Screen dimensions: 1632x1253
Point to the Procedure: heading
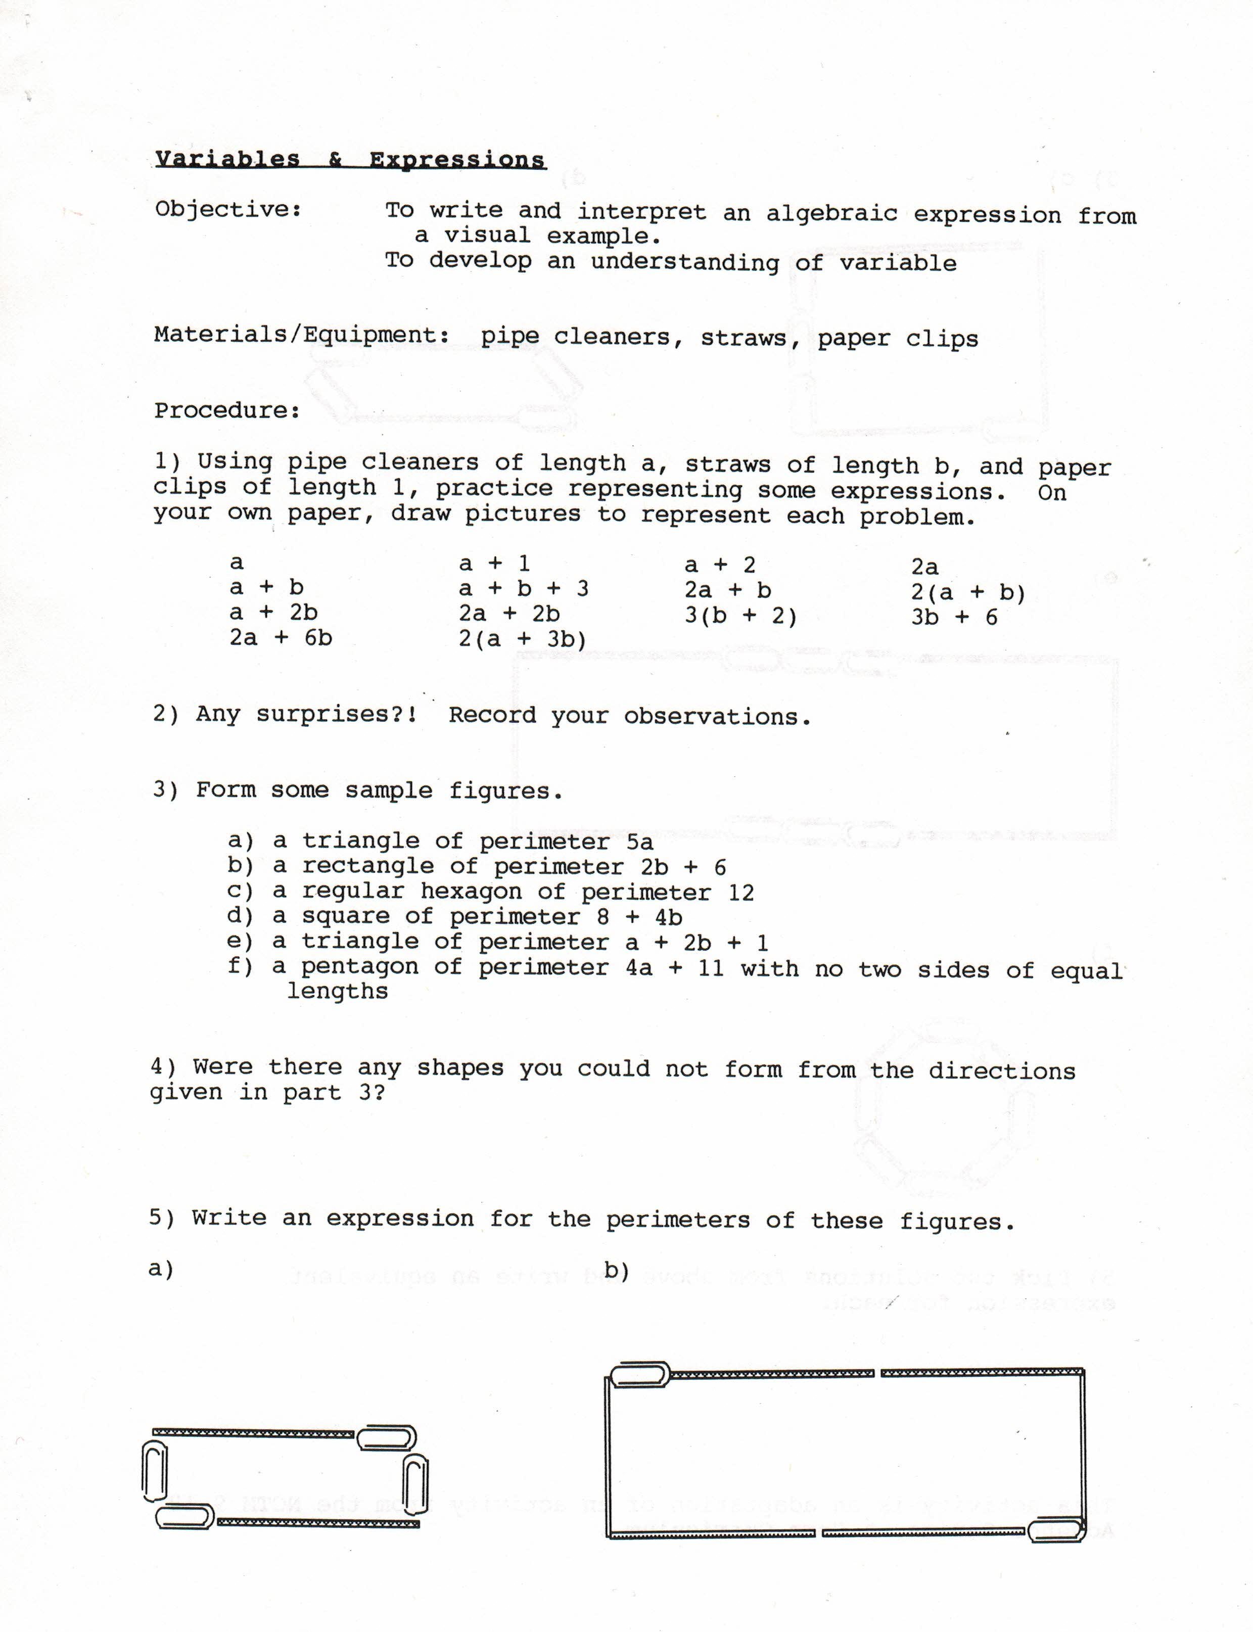[x=227, y=410]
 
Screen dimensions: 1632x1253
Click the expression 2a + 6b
[x=281, y=638]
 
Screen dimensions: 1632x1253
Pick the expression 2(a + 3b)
[x=522, y=639]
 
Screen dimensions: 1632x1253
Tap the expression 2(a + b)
[x=968, y=593]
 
